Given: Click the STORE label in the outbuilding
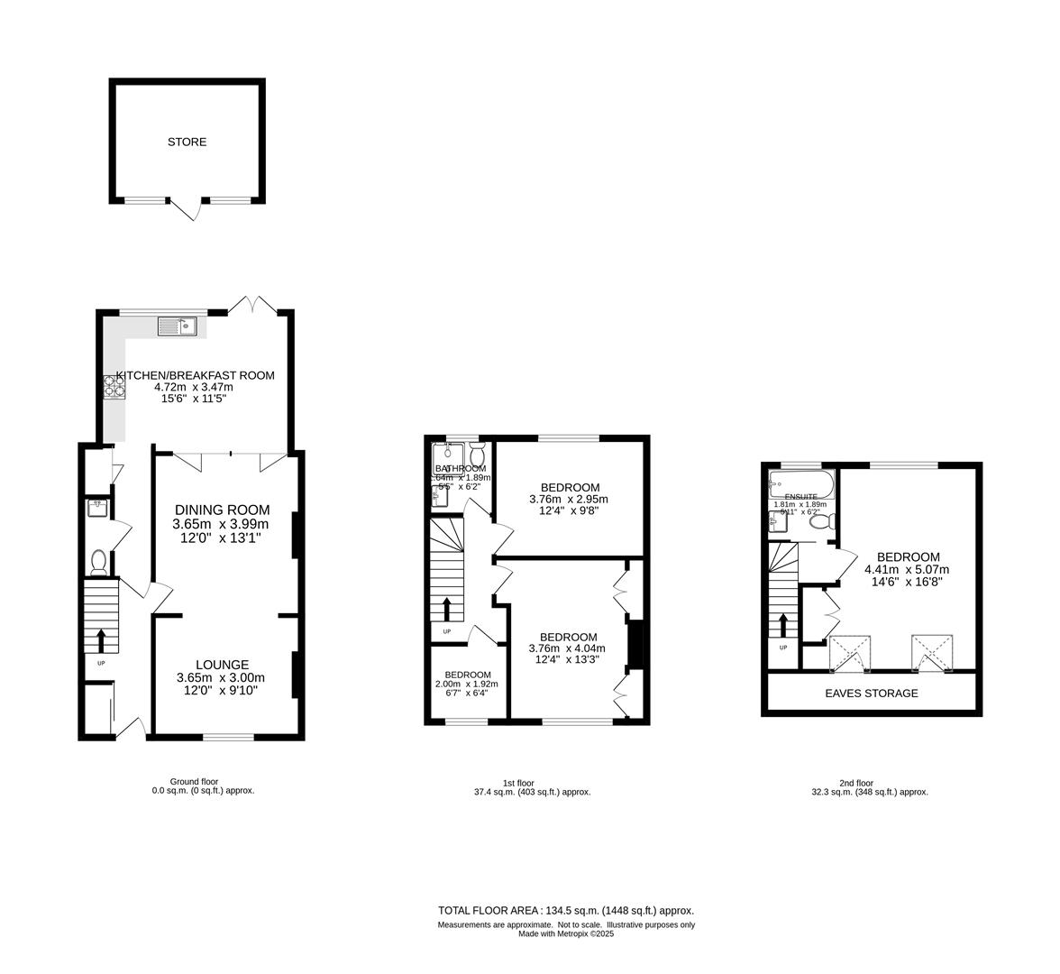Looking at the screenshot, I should click(x=187, y=142).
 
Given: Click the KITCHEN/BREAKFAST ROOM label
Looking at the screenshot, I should click(x=195, y=375).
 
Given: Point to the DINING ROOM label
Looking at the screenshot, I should click(x=222, y=510).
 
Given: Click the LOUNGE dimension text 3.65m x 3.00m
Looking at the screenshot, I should click(x=221, y=678).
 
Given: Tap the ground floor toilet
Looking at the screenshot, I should click(x=99, y=563).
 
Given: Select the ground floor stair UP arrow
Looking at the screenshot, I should click(x=100, y=640).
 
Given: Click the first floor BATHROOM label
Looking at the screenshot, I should click(x=461, y=468).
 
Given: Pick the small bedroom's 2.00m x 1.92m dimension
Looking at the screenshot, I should click(x=466, y=685).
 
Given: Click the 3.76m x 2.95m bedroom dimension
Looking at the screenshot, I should click(x=568, y=500).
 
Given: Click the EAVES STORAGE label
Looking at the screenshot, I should click(x=871, y=694).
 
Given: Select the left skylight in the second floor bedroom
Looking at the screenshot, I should click(x=850, y=653).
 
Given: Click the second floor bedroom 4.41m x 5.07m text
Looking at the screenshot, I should click(x=906, y=569).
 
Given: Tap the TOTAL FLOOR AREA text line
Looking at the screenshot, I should click(x=565, y=910).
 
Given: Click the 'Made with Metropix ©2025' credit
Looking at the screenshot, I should click(x=565, y=933).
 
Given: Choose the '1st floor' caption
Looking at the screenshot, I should click(x=518, y=783).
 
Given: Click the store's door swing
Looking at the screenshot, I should click(x=187, y=211).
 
